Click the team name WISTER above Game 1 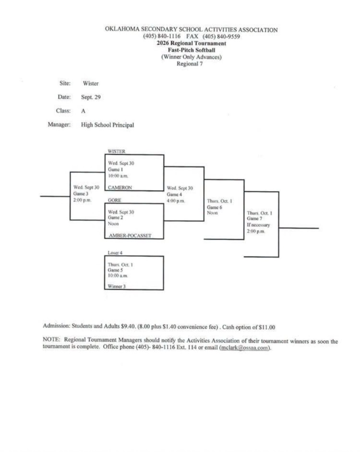[x=117, y=151]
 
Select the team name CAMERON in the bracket [x=120, y=187]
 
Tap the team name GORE [x=114, y=200]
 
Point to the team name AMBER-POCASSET [x=130, y=235]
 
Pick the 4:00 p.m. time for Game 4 [x=176, y=201]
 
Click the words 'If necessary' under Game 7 [x=258, y=225]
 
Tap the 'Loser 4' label [x=115, y=253]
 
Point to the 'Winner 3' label [x=117, y=286]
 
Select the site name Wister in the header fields [x=91, y=83]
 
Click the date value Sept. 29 [x=91, y=97]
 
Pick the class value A [x=83, y=111]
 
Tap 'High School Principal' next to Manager [x=108, y=125]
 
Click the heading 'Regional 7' [x=190, y=64]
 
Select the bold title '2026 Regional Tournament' [x=192, y=43]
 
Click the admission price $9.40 [x=128, y=326]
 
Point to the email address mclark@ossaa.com [x=245, y=347]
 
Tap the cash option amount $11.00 [x=267, y=327]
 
